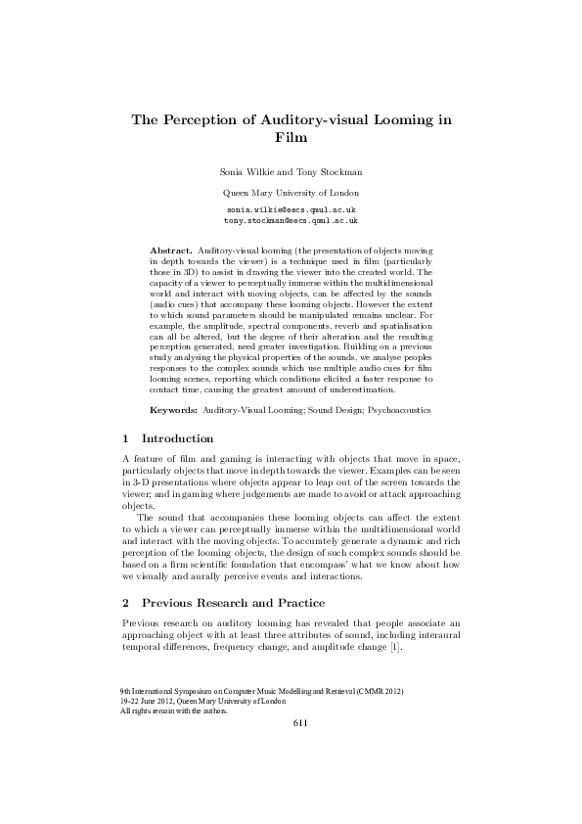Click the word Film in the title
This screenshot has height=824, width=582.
291,139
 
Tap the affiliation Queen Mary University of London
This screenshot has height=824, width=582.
291,193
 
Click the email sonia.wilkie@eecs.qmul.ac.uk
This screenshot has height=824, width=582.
291,210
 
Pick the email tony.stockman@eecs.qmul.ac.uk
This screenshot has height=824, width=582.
291,221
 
